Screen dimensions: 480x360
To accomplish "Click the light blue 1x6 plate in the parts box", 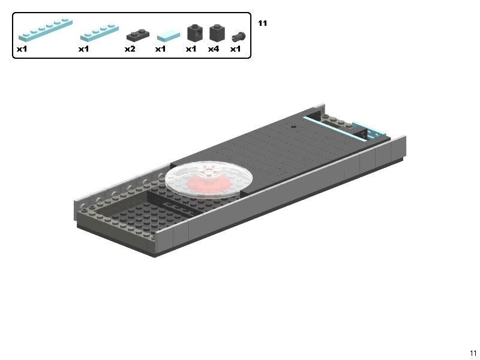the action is [x=46, y=29].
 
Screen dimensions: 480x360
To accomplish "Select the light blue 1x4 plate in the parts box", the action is [x=100, y=33].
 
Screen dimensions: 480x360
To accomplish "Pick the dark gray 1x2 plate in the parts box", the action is [x=138, y=35].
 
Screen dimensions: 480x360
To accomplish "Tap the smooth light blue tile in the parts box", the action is [x=169, y=35].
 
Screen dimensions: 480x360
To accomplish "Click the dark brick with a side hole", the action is [x=194, y=33].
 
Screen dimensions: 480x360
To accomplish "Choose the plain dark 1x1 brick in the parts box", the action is [x=217, y=33].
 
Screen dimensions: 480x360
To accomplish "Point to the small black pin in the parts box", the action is [x=238, y=37].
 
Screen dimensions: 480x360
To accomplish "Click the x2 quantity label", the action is [x=130, y=49].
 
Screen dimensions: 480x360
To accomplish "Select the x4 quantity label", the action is [x=214, y=49].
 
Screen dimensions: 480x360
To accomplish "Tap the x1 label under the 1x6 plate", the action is [x=22, y=49].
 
